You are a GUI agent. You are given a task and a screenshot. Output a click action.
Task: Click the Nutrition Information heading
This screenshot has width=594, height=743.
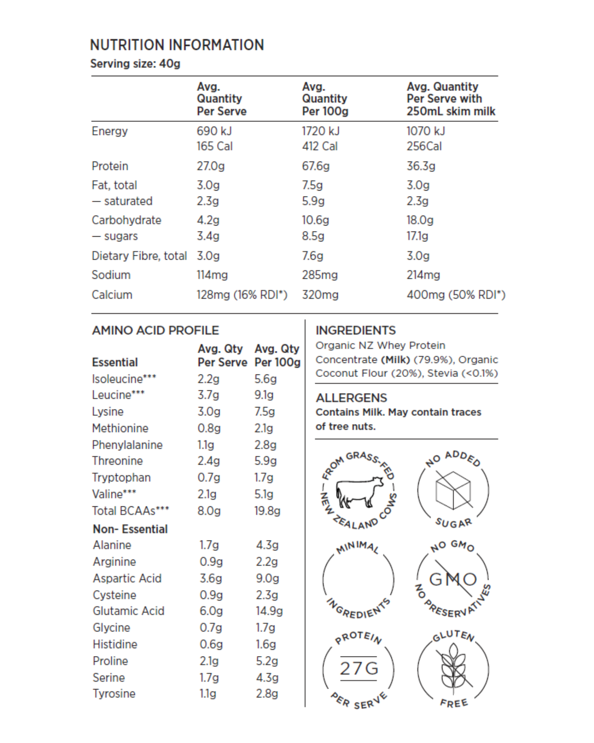(x=177, y=45)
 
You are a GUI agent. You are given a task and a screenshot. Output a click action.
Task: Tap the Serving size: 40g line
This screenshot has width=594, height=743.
(x=135, y=64)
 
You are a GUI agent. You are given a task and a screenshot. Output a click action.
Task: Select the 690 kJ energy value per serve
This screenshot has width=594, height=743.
(x=214, y=131)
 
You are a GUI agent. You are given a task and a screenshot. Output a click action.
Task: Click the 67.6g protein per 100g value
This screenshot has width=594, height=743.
(x=316, y=166)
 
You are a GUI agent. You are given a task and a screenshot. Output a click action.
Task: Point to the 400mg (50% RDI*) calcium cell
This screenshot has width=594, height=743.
(x=456, y=295)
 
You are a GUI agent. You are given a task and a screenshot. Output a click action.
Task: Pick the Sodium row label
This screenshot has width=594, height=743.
(x=111, y=275)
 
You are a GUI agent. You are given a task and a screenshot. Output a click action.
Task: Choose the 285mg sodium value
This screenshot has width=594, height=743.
(x=320, y=275)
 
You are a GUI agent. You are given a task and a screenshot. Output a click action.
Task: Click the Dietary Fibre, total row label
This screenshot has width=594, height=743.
(x=139, y=256)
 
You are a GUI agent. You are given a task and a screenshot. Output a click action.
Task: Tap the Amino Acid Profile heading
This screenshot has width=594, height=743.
(x=156, y=330)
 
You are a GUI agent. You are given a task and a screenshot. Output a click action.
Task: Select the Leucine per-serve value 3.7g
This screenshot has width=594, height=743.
(x=208, y=395)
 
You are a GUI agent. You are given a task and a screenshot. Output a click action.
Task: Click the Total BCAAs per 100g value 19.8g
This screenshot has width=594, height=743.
(x=267, y=511)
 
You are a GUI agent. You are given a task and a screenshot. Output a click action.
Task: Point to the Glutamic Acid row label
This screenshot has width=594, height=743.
(x=128, y=611)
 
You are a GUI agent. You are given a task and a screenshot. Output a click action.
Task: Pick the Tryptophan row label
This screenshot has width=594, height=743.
(x=121, y=478)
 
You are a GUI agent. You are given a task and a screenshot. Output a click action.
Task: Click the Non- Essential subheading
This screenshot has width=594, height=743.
(x=130, y=529)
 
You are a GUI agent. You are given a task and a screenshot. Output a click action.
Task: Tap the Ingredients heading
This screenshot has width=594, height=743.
(x=356, y=330)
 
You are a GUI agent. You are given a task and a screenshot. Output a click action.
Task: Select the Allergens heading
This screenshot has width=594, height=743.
(x=351, y=398)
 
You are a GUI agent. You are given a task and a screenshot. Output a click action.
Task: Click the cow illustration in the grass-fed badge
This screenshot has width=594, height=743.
(x=359, y=492)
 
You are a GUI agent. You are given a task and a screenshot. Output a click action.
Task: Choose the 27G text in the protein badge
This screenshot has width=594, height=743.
(x=359, y=669)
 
